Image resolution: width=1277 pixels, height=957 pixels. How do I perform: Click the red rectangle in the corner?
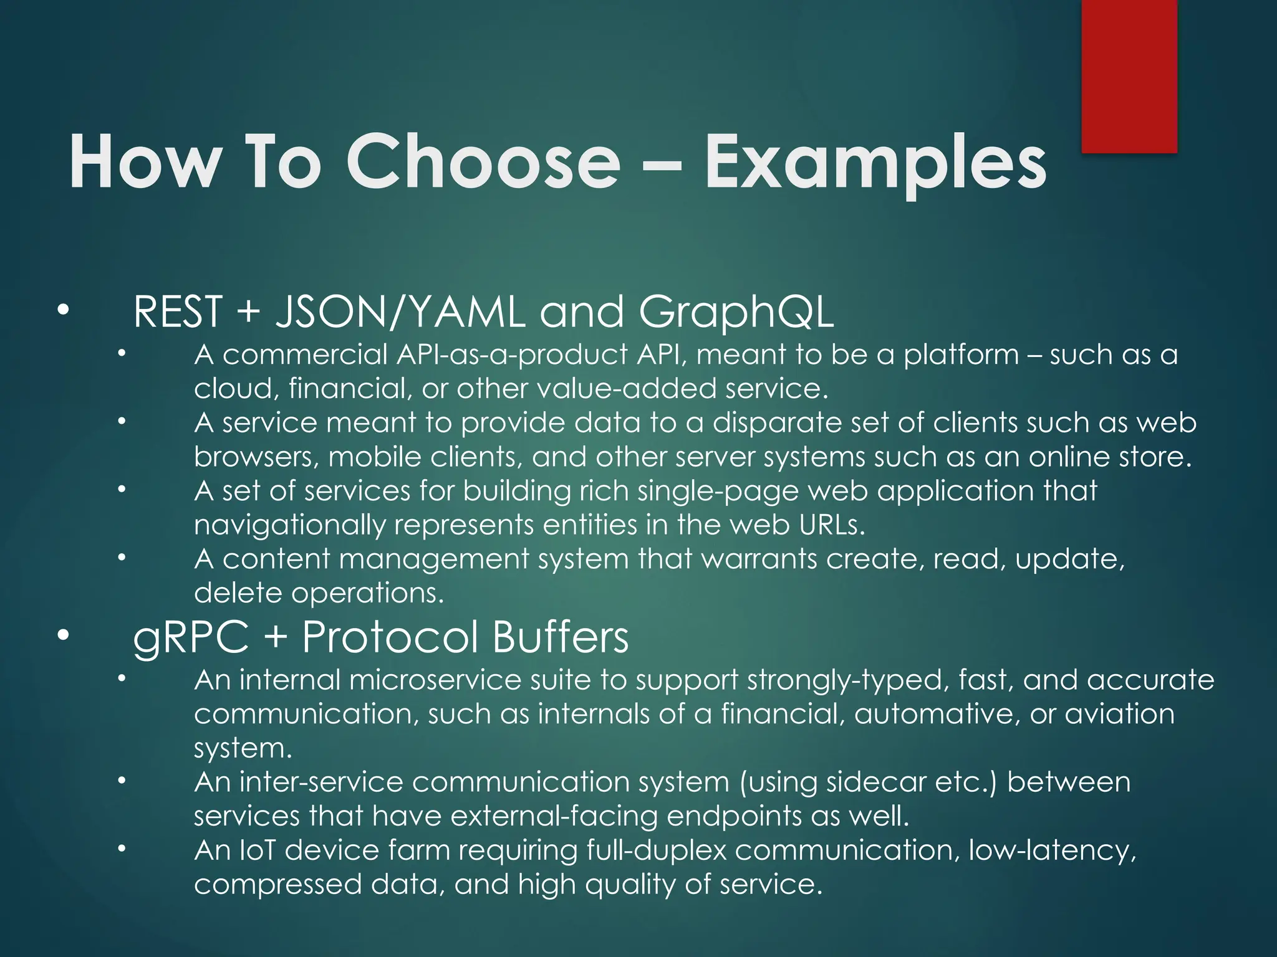pos(1129,75)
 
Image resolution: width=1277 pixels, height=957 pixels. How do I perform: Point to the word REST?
pos(178,312)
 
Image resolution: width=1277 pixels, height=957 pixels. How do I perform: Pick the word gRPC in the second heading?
pos(190,639)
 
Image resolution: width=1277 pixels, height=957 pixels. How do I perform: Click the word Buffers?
pos(560,637)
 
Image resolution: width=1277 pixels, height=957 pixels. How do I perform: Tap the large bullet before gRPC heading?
pos(62,636)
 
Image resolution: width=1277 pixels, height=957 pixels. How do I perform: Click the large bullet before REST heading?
pos(62,309)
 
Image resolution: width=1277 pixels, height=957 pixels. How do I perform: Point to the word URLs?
pos(832,525)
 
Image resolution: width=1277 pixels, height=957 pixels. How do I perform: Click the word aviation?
pos(1119,714)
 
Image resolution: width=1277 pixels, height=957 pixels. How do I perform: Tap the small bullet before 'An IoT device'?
pos(122,849)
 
